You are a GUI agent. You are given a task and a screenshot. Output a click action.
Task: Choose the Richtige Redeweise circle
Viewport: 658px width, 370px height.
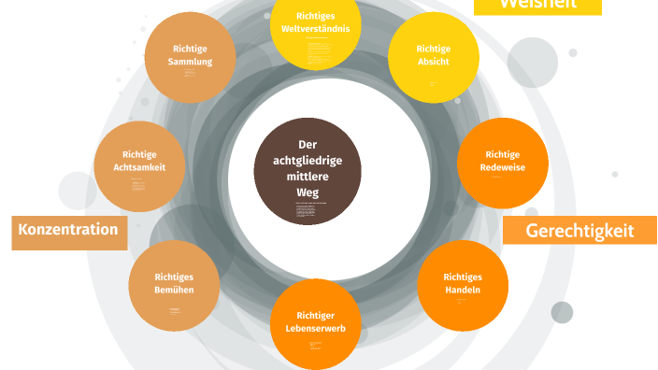coord(502,163)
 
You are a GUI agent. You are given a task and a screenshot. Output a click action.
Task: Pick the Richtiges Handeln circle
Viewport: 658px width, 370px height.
coord(463,284)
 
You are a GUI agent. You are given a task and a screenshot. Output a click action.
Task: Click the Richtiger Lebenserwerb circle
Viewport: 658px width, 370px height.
coord(315,323)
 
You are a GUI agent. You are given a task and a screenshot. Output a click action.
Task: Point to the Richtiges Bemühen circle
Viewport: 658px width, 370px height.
coord(174,284)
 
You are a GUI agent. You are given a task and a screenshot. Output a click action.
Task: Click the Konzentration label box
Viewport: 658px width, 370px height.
coord(68,230)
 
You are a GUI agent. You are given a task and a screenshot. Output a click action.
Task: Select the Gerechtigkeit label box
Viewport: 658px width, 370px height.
coord(579,231)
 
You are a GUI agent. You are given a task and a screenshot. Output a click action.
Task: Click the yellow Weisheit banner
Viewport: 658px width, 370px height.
coord(537,6)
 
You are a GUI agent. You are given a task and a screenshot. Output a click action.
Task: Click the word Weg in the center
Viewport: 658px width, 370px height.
coord(308,192)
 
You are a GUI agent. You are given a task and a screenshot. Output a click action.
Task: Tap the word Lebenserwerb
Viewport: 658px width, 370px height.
coord(315,329)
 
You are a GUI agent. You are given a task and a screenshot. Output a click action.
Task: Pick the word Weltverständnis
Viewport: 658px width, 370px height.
coord(315,28)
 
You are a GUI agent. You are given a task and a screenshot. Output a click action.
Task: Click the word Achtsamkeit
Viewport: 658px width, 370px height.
coord(139,168)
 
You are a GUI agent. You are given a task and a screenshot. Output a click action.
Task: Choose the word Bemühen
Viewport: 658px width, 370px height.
coord(174,291)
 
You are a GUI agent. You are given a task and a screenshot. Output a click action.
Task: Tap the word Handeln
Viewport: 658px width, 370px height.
coord(463,291)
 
